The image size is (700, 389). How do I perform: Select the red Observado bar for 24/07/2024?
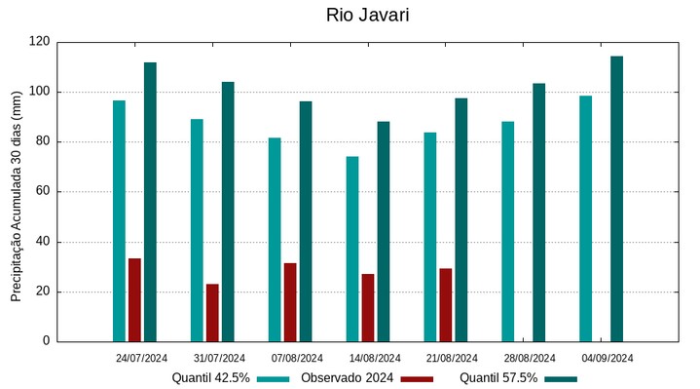[134, 300]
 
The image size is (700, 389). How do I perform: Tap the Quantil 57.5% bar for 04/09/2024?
[616, 199]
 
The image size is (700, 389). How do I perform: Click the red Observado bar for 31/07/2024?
[212, 313]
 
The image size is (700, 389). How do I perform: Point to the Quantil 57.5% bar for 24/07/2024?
[150, 202]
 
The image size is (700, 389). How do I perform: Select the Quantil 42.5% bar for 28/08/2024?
[507, 231]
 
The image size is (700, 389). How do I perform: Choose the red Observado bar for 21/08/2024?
[446, 305]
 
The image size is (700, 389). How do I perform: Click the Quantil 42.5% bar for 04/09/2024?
[585, 218]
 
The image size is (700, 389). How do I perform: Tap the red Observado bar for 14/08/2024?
[368, 308]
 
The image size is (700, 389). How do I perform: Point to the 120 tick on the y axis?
[39, 42]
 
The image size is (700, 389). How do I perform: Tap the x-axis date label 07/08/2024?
[297, 358]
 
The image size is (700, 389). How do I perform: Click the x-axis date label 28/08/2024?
[530, 358]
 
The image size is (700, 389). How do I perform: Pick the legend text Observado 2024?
[347, 378]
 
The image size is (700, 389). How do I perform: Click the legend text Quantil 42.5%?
[210, 378]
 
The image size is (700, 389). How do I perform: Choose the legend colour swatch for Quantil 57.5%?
[561, 378]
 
